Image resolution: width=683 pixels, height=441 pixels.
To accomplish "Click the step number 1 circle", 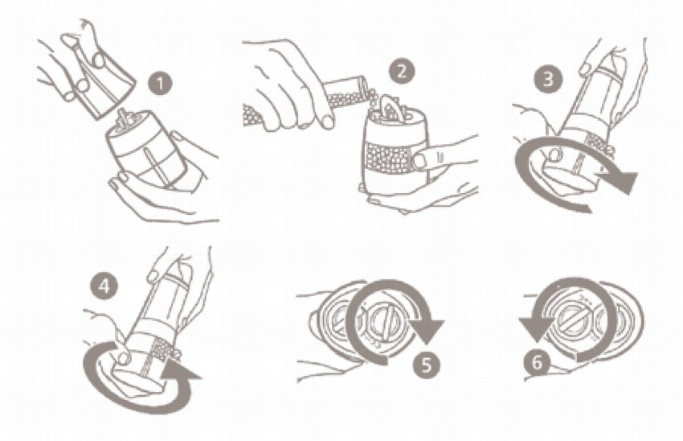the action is (x=161, y=84).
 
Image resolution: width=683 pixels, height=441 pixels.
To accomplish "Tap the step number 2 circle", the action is (x=401, y=71).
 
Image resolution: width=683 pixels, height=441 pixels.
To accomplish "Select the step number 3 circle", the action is (x=548, y=79).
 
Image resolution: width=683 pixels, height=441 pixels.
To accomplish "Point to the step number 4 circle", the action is (x=104, y=286).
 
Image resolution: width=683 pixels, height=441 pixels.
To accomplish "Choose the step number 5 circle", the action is (x=426, y=364).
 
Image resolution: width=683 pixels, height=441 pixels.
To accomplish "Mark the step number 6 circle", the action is (x=537, y=363).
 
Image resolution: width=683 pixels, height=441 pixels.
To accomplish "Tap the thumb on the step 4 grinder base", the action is (x=123, y=358).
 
